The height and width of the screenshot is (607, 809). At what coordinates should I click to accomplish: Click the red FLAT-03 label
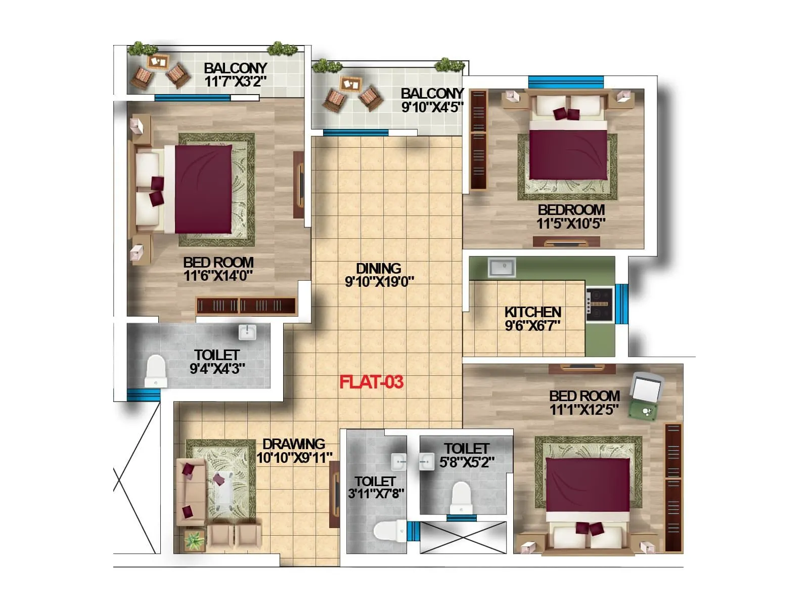[371, 382]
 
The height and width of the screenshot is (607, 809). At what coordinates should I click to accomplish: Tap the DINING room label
[379, 268]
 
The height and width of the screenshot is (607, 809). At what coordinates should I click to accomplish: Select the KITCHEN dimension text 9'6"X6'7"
[532, 326]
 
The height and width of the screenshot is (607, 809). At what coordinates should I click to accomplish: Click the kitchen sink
[502, 267]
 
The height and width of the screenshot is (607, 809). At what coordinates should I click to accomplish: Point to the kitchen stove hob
[600, 304]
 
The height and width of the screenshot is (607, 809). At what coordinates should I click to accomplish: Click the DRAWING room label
[294, 444]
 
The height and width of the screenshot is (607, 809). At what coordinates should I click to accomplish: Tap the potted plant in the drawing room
[194, 541]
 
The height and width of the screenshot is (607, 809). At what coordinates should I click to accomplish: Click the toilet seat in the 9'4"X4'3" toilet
[156, 370]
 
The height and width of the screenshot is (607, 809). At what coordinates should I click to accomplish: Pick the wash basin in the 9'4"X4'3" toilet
[247, 332]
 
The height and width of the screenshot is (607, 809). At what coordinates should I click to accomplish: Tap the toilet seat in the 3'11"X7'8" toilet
[388, 531]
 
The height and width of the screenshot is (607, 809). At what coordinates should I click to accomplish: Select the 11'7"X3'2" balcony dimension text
[236, 81]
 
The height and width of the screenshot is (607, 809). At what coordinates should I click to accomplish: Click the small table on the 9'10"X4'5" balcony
[350, 83]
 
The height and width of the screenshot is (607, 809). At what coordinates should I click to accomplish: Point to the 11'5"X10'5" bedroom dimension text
[571, 224]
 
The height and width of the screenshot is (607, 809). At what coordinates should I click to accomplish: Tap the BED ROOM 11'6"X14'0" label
[218, 263]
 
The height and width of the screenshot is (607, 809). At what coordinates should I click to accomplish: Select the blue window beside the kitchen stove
[621, 303]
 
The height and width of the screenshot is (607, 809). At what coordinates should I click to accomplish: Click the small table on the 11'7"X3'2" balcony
[158, 62]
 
